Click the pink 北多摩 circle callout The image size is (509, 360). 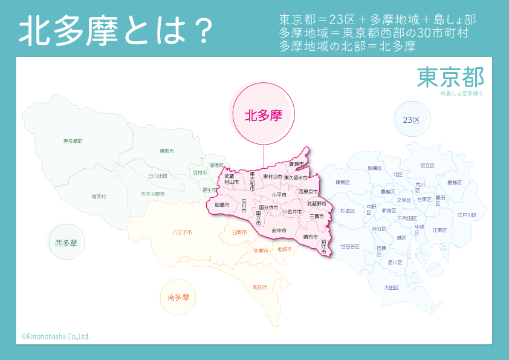pyautogui.click(x=264, y=115)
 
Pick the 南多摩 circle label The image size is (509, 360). pyautogui.click(x=178, y=297)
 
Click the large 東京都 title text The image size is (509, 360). pyautogui.click(x=450, y=77)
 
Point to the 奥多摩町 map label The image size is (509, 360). pyautogui.click(x=73, y=141)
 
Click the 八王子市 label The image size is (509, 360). pyautogui.click(x=182, y=232)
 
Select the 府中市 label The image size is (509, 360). pyautogui.click(x=279, y=231)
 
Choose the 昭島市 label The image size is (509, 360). pyautogui.click(x=222, y=205)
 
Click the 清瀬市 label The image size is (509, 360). pyautogui.click(x=296, y=164)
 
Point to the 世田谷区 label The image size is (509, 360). pyautogui.click(x=350, y=246)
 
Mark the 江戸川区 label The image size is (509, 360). pyautogui.click(x=467, y=215)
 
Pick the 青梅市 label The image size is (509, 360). pyautogui.click(x=166, y=150)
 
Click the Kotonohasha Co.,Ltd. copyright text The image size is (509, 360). pyautogui.click(x=56, y=336)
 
